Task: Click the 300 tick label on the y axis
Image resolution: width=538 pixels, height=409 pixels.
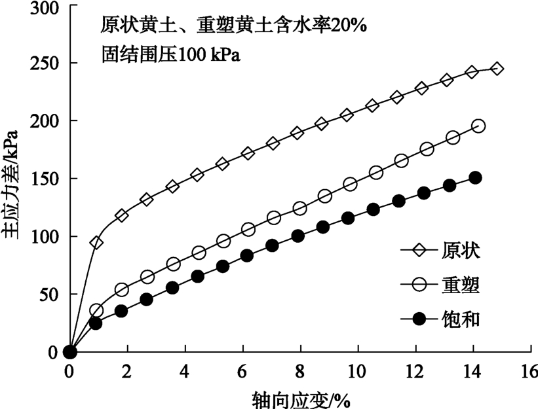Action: point(44,8)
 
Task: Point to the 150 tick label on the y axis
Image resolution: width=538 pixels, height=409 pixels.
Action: point(44,179)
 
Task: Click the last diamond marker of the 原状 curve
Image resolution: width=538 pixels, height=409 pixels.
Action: point(497,69)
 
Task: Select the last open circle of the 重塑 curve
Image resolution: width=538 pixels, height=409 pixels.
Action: point(478,126)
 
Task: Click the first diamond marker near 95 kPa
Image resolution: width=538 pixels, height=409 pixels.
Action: point(96,243)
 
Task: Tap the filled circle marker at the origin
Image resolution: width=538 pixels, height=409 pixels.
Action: point(70,352)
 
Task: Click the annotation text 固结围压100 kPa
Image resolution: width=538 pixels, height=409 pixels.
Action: point(172,54)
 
